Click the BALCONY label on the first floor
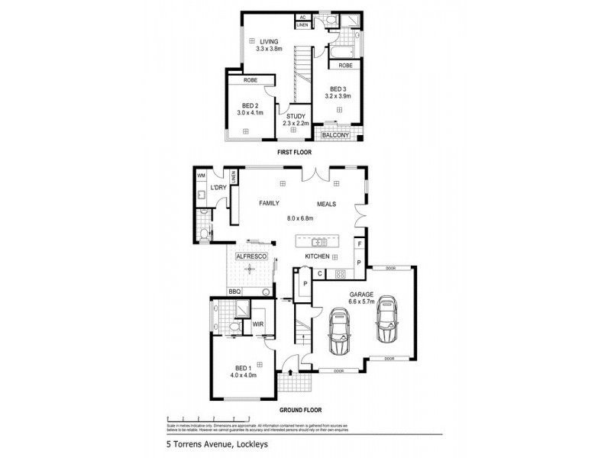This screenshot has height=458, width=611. [335, 136]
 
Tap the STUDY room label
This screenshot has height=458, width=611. [295, 115]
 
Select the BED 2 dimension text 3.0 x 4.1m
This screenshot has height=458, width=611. [250, 114]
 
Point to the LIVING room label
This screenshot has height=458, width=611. [268, 41]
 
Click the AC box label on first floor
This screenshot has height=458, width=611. [302, 17]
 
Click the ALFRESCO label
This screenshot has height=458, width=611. [251, 256]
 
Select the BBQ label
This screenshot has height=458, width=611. [234, 292]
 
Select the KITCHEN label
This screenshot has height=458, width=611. [317, 256]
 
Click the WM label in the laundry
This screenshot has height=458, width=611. [202, 176]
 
